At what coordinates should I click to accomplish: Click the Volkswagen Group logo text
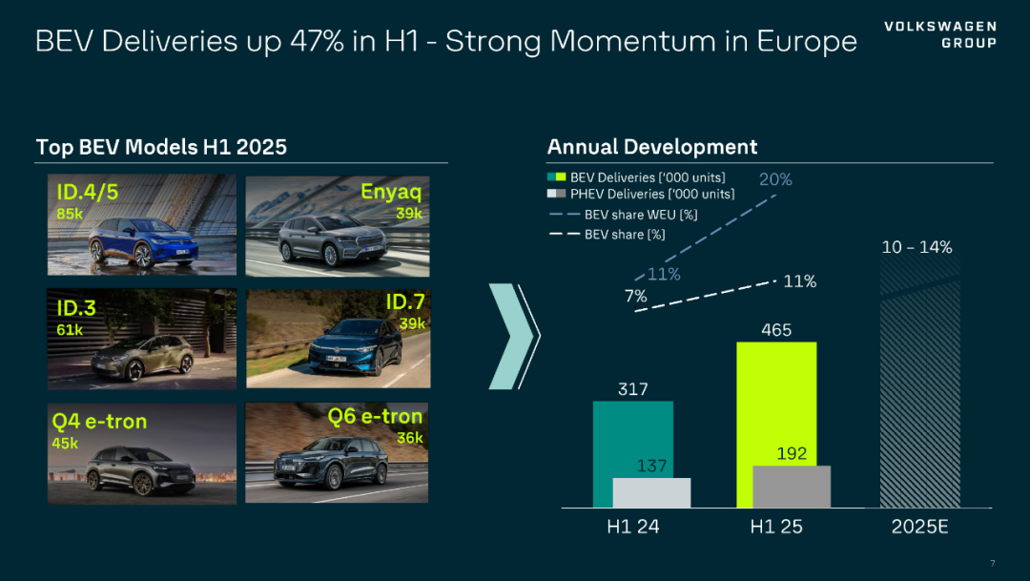tap(940, 34)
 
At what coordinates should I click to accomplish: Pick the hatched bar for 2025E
tap(918, 382)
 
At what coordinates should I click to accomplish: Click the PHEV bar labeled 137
tap(650, 492)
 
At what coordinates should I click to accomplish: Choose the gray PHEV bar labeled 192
tap(792, 487)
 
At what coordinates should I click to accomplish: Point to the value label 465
tap(776, 330)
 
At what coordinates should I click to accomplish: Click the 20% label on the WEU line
tap(775, 179)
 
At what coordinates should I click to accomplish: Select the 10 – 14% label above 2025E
tap(917, 247)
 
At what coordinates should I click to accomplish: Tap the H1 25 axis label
tap(776, 527)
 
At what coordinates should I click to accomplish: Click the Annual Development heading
tap(652, 147)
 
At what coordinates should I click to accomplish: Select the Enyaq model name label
tap(391, 191)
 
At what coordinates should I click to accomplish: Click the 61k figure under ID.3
tap(70, 329)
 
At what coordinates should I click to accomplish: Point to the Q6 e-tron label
tap(375, 417)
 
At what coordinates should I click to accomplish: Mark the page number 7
tap(993, 562)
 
